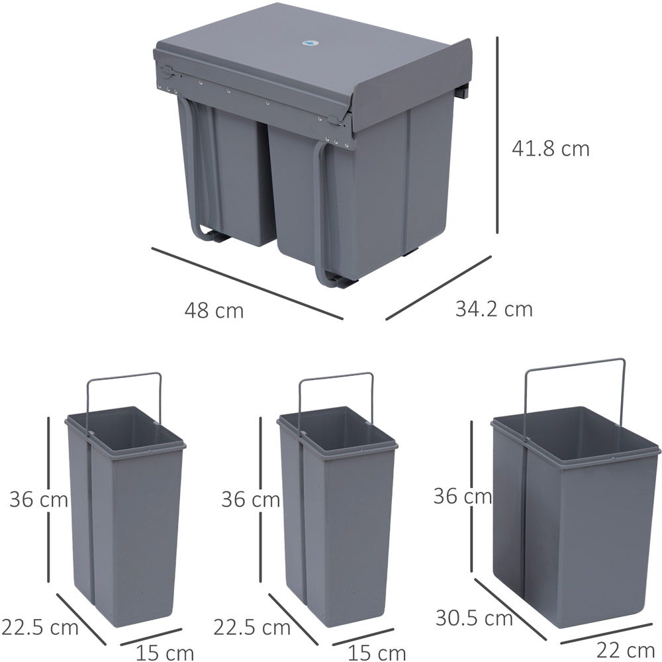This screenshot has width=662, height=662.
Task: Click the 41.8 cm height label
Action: (550, 149)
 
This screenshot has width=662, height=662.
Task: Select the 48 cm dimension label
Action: (214, 310)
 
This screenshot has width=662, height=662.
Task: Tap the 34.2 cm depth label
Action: (494, 309)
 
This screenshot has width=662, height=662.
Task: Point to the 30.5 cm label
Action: (474, 618)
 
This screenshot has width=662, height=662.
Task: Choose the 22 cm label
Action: (626, 651)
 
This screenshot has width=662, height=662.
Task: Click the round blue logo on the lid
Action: (309, 43)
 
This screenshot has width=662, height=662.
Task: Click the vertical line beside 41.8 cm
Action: (497, 134)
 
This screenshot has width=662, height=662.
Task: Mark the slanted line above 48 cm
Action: (248, 283)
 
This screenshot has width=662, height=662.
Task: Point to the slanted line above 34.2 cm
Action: (439, 287)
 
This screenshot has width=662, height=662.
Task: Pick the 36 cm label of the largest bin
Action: (463, 496)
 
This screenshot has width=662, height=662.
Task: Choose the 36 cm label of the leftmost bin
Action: (39, 499)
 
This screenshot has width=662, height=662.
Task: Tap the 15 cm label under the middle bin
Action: (377, 653)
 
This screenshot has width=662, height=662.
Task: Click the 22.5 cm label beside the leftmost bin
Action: (40, 627)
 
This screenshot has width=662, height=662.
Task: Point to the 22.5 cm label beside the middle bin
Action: (252, 627)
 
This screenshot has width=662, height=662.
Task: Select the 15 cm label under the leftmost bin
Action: (165, 653)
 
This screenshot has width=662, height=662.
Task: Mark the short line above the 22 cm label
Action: (607, 634)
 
